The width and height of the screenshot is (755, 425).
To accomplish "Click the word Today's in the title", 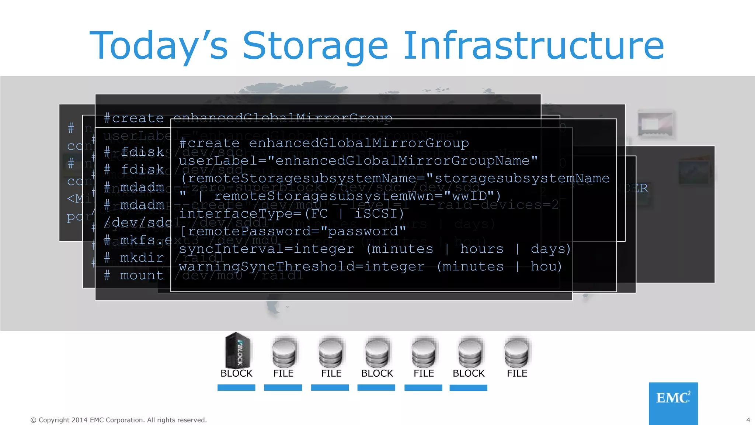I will pyautogui.click(x=159, y=46).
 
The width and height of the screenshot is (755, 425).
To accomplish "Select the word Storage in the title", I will pyautogui.click(x=315, y=46).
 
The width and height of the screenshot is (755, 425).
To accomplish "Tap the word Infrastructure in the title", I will pyautogui.click(x=534, y=45).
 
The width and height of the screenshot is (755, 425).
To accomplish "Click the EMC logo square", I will pyautogui.click(x=673, y=403).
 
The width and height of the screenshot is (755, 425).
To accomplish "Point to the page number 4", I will pyautogui.click(x=748, y=420).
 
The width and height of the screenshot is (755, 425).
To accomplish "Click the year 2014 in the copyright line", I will pyautogui.click(x=79, y=420).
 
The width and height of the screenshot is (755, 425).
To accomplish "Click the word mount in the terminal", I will pyautogui.click(x=142, y=275).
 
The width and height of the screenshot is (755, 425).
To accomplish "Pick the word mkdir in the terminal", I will pyautogui.click(x=142, y=258).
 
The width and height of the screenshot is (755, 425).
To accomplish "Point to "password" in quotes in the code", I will pyautogui.click(x=363, y=231).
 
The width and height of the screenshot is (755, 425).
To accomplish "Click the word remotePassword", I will pyautogui.click(x=245, y=231).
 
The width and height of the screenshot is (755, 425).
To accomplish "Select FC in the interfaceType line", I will pyautogui.click(x=319, y=214).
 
